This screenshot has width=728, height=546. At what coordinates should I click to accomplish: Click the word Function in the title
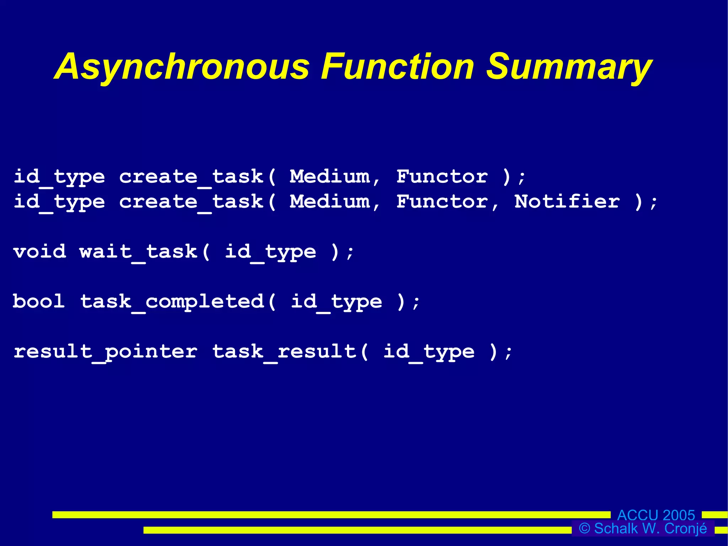pyautogui.click(x=397, y=67)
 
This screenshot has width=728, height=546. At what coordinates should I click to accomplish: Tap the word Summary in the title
pyautogui.click(x=569, y=67)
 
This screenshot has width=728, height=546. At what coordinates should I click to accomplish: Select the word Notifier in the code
pyautogui.click(x=567, y=202)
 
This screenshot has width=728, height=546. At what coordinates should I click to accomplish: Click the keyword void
pyautogui.click(x=40, y=251)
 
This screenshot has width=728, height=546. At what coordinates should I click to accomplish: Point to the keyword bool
pyautogui.click(x=39, y=301)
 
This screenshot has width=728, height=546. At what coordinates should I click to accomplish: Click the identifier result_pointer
pyautogui.click(x=106, y=352)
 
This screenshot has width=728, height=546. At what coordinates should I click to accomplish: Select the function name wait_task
pyautogui.click(x=139, y=251)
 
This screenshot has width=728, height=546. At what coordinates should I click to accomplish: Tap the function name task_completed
pyautogui.click(x=172, y=302)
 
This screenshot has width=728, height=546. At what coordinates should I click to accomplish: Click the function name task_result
pyautogui.click(x=284, y=352)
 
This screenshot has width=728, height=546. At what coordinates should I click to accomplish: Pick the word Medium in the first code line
pyautogui.click(x=330, y=176)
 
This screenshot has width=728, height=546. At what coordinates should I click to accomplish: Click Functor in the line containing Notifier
pyautogui.click(x=443, y=202)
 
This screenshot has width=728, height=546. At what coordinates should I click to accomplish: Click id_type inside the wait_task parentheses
pyautogui.click(x=271, y=252)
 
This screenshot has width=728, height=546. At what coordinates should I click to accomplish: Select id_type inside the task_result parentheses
pyautogui.click(x=429, y=352)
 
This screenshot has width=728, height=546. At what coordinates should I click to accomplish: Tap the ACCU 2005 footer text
pyautogui.click(x=656, y=515)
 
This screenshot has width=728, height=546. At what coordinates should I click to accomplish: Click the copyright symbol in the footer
pyautogui.click(x=584, y=528)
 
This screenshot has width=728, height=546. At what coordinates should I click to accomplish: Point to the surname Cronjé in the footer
pyautogui.click(x=686, y=529)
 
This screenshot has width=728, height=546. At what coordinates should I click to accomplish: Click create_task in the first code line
pyautogui.click(x=191, y=177)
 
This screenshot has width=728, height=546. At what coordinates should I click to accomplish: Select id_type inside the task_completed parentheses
pyautogui.click(x=337, y=302)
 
